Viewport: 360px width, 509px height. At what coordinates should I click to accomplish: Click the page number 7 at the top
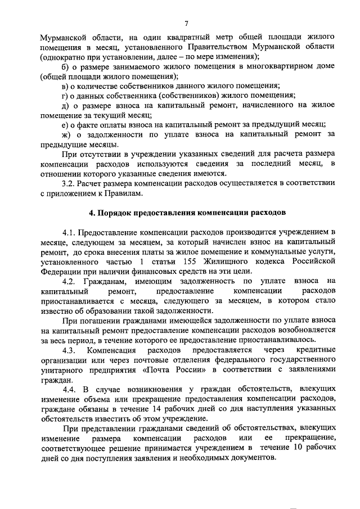point(186,23)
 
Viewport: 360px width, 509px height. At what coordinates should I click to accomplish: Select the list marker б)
point(65,67)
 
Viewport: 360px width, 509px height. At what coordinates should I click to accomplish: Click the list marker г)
point(65,95)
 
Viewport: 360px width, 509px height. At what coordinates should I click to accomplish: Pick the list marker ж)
point(66,135)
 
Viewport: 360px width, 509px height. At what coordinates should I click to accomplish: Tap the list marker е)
point(65,124)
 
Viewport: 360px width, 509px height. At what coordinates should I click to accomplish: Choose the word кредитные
point(316,350)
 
